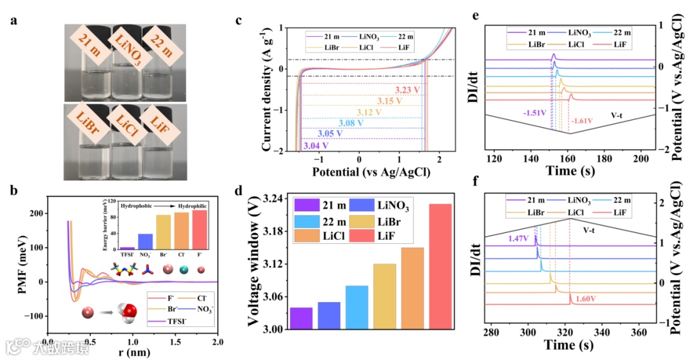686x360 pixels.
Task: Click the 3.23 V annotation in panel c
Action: [407, 90]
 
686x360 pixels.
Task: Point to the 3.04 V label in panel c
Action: [316, 147]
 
